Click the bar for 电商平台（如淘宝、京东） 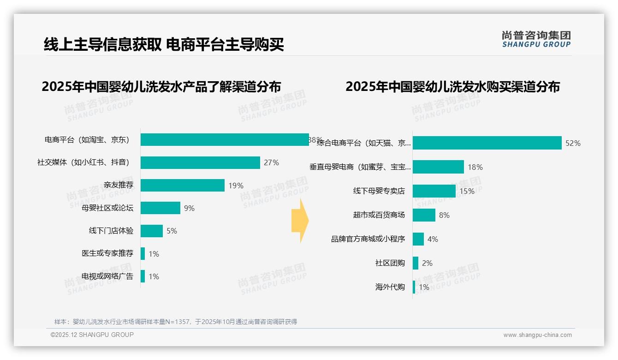click(x=225, y=140)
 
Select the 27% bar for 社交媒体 click(x=200, y=162)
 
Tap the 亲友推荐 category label click(x=119, y=186)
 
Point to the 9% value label click(x=189, y=208)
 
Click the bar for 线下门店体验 click(x=152, y=231)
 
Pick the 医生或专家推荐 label click(x=107, y=253)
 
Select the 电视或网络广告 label click(x=107, y=276)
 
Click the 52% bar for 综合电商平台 click(x=487, y=143)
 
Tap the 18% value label click(x=475, y=167)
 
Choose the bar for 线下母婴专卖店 click(x=434, y=191)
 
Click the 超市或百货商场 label click(x=379, y=215)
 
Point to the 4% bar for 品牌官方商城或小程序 click(x=418, y=239)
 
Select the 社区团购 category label click(x=390, y=263)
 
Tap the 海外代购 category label click(x=390, y=287)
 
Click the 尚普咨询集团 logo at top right click(x=536, y=39)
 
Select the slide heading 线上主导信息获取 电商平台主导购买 click(x=164, y=44)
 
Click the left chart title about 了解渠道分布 click(x=161, y=87)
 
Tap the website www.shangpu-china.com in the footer click(x=537, y=335)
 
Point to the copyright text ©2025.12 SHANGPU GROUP click(x=92, y=335)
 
